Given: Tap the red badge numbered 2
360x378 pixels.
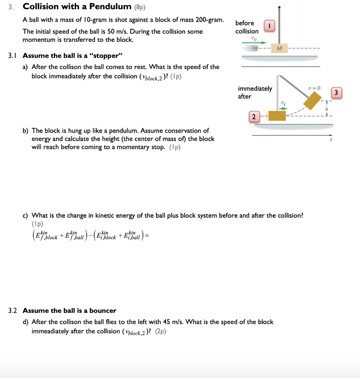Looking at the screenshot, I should pos(254,117).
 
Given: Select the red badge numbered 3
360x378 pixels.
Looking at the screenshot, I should pos(337,93).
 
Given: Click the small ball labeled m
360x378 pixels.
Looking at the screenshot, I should pos(255,48).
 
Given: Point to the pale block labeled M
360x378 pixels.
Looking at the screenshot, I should pos(279,48).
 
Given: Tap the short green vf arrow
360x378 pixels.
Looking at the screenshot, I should pos(283,108).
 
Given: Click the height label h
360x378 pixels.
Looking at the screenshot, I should pos(327,110).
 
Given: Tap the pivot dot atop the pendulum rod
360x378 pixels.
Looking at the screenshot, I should pos(279,7).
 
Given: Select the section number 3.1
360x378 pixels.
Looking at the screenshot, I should pos(13,56).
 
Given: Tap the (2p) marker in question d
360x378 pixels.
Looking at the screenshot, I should pos(161,331).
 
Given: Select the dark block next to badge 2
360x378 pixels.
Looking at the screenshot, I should pos(277,116).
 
